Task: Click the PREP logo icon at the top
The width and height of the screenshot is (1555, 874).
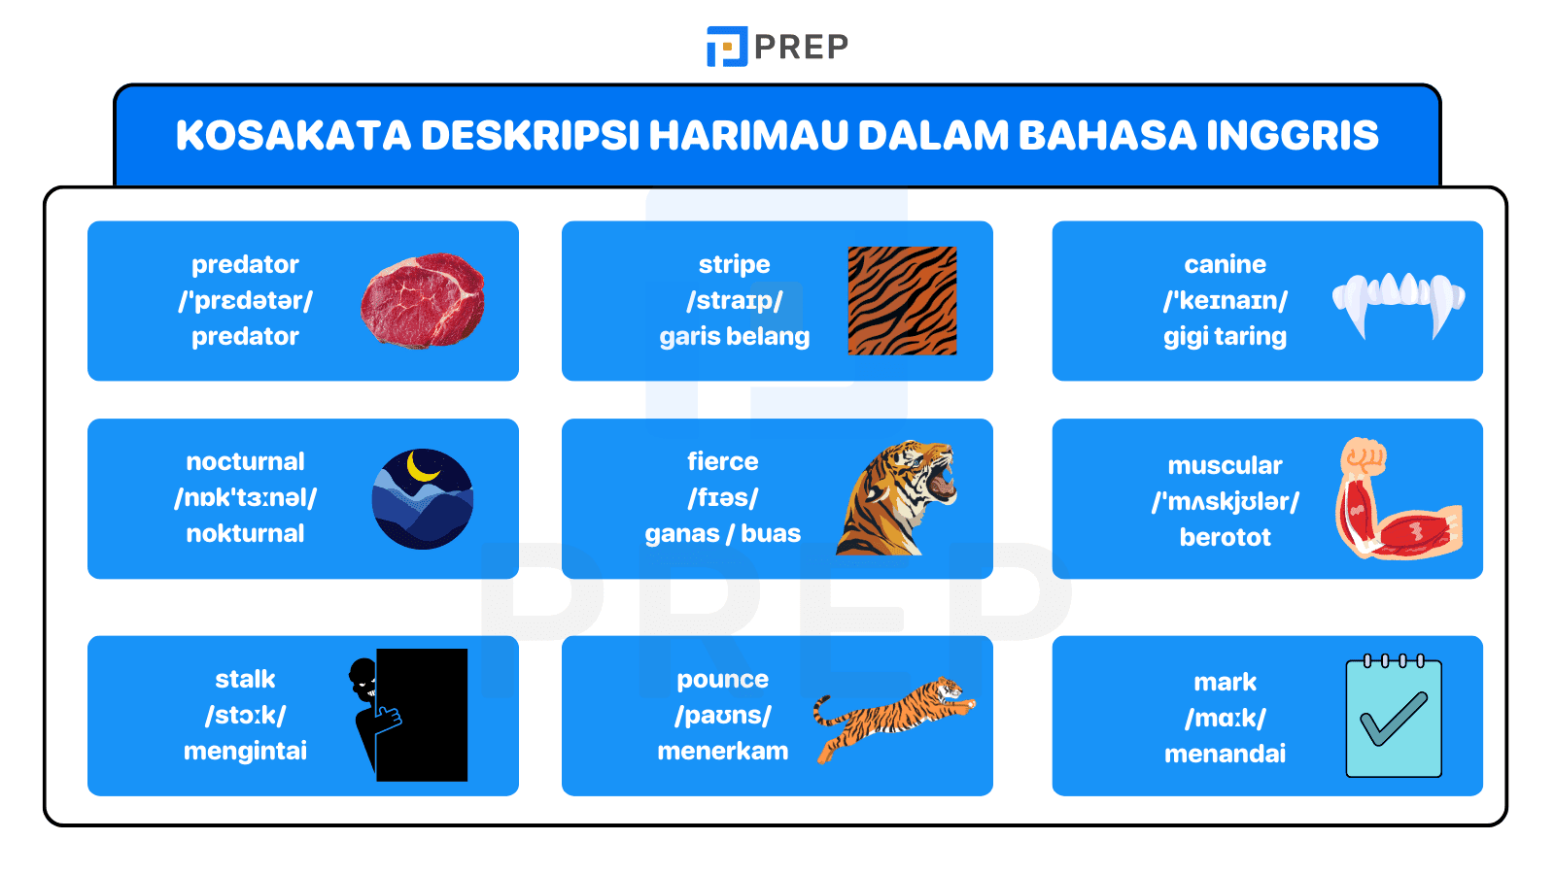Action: [x=726, y=47]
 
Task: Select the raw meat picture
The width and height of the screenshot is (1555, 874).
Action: [x=423, y=300]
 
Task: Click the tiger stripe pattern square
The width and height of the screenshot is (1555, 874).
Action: [x=902, y=300]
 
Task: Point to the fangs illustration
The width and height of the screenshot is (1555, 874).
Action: [x=1398, y=302]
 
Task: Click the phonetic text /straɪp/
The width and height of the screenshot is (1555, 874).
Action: [x=734, y=301]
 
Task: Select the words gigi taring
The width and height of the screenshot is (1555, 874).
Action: [x=1225, y=337]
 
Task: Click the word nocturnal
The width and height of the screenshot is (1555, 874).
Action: [x=245, y=461]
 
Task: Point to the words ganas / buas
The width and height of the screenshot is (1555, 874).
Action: [x=722, y=534]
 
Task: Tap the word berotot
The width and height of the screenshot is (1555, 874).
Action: [x=1225, y=538]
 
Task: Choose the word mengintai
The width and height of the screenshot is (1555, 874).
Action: [x=245, y=752]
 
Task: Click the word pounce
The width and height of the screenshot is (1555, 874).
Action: [x=722, y=680]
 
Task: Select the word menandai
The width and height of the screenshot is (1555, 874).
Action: [x=1225, y=755]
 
